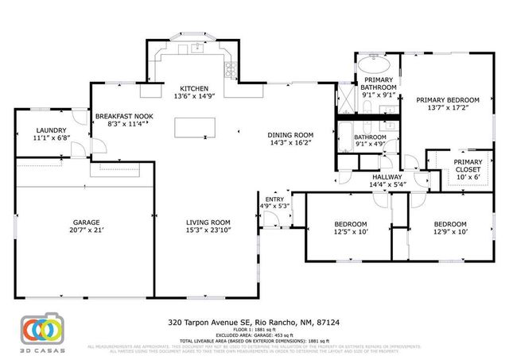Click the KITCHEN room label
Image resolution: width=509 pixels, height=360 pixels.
(x=194, y=88)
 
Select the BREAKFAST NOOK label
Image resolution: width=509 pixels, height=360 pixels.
(x=125, y=116)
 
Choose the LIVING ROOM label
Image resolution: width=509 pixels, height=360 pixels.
(x=208, y=223)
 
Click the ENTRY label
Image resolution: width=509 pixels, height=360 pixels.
(x=274, y=199)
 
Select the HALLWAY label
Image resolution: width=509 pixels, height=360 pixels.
(x=387, y=176)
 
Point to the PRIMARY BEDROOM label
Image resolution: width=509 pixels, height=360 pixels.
(x=449, y=99)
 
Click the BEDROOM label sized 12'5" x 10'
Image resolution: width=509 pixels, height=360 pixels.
(x=350, y=224)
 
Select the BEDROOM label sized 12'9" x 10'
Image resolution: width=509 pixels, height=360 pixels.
(x=449, y=224)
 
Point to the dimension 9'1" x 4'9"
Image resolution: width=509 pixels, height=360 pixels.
(x=370, y=145)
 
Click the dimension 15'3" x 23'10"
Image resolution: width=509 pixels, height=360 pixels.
(x=208, y=231)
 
